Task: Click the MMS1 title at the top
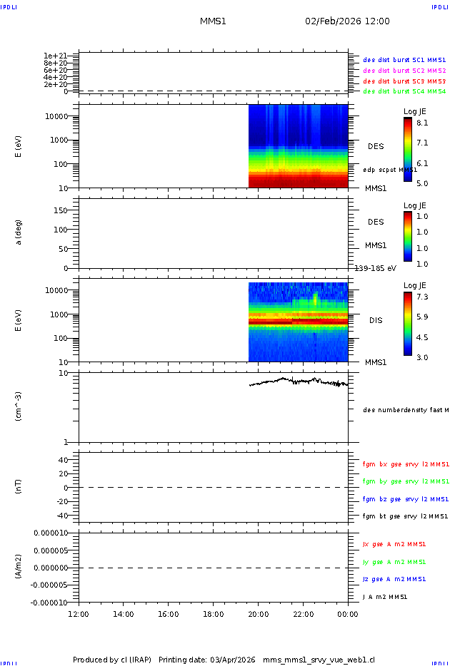[x=213, y=21]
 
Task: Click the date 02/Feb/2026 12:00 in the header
[x=347, y=21]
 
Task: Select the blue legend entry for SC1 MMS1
[x=404, y=61]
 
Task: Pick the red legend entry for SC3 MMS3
[x=404, y=81]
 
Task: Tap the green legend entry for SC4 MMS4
[x=404, y=91]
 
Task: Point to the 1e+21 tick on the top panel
[x=55, y=56]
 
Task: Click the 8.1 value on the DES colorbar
[x=421, y=123]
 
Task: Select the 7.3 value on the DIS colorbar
[x=421, y=297]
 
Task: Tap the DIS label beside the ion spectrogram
[x=376, y=320]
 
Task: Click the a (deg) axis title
[x=19, y=232]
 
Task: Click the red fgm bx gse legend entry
[x=405, y=464]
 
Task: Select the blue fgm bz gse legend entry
[x=405, y=499]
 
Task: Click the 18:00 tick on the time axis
[x=214, y=614]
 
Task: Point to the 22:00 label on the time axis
[x=304, y=614]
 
